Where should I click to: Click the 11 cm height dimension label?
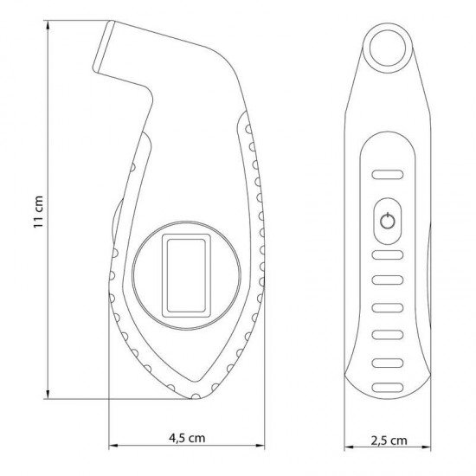[x=38, y=211]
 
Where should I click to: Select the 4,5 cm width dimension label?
[x=187, y=438]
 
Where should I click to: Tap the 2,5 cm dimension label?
[x=389, y=441]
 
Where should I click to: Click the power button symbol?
[x=388, y=221]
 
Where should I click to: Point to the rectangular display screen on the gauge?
[x=186, y=275]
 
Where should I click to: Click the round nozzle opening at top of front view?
[x=388, y=48]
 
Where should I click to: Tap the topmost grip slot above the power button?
[x=388, y=175]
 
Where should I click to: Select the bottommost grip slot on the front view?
[x=388, y=388]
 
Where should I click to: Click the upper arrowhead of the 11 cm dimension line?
[x=48, y=25]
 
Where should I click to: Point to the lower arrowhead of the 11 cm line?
[x=48, y=394]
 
